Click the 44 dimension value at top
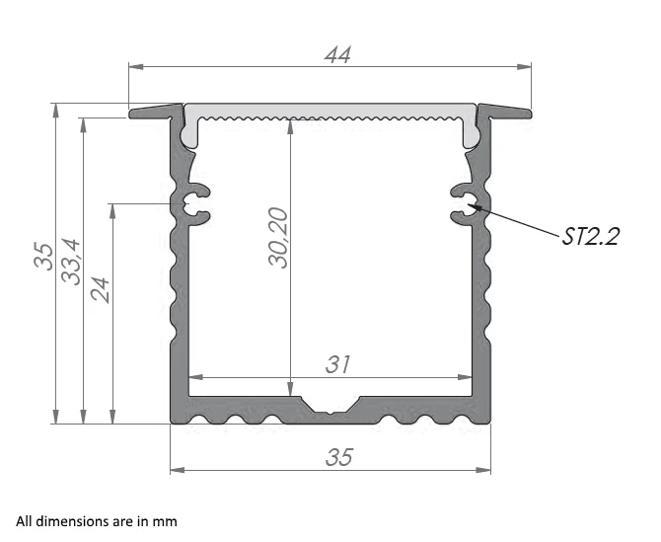pyautogui.click(x=338, y=55)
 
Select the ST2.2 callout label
pyautogui.click(x=590, y=236)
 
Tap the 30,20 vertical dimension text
pyautogui.click(x=279, y=238)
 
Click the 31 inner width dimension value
pyautogui.click(x=338, y=364)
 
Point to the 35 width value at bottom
pyautogui.click(x=338, y=457)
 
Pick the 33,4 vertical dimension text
pyautogui.click(x=72, y=261)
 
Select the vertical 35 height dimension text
pyautogui.click(x=41, y=255)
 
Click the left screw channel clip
pyautogui.click(x=194, y=203)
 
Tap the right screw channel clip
pyautogui.click(x=465, y=203)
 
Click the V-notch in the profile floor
pyautogui.click(x=330, y=405)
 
